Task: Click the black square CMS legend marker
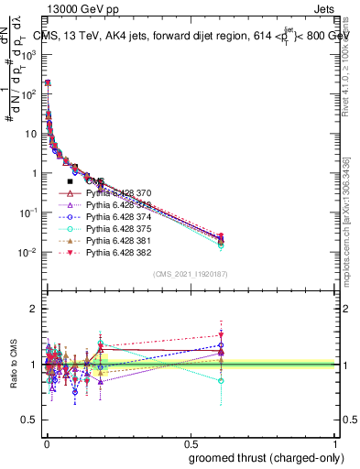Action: click(71, 181)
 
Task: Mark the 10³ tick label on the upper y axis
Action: click(30, 54)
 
